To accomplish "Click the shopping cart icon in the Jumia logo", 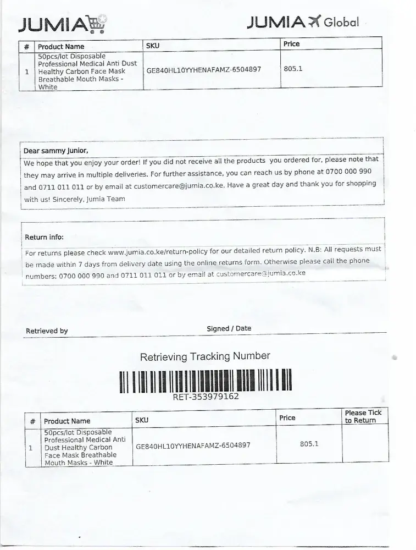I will click(97, 24).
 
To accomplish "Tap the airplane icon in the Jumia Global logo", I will click(314, 21).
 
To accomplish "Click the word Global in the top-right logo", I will click(341, 23).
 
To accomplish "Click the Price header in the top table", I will click(292, 44).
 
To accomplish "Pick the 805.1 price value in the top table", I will click(293, 69).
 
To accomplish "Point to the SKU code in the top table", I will click(203, 70).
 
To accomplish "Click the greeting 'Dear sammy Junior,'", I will click(56, 151).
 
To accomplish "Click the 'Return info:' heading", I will click(44, 237).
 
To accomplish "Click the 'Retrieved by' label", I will click(47, 331).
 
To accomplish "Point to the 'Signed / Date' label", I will click(229, 328).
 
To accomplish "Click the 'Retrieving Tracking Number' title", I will click(205, 356).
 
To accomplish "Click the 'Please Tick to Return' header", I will click(363, 416).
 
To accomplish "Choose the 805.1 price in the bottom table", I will click(309, 443).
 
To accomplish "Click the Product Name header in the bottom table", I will click(67, 421).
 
